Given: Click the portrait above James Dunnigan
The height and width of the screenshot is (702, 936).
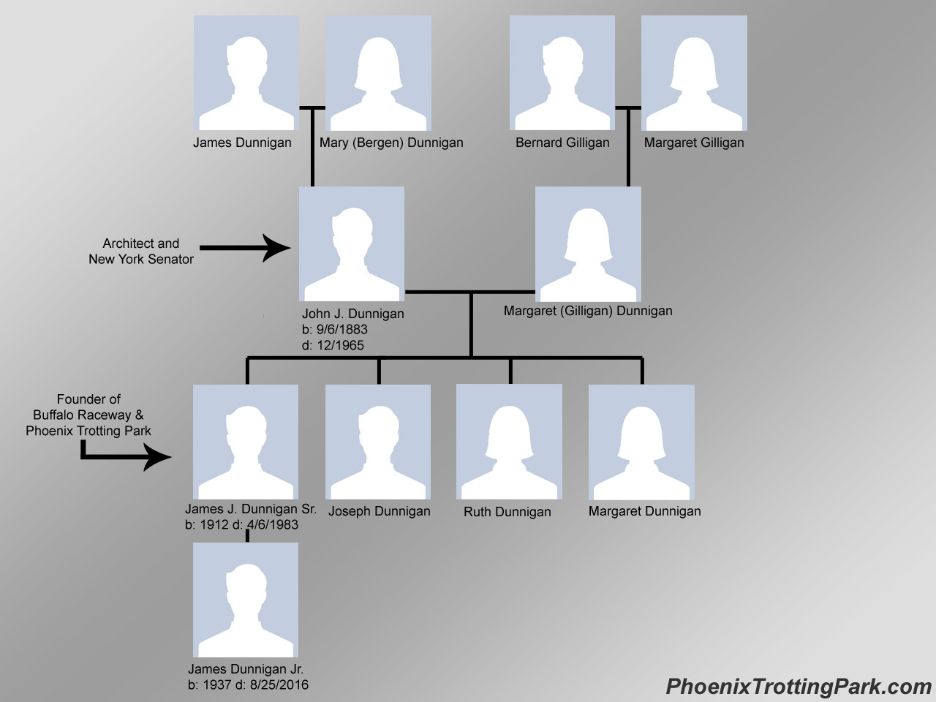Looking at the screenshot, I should click(x=246, y=73).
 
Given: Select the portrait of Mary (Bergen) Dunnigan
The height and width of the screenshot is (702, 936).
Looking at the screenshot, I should click(x=378, y=73).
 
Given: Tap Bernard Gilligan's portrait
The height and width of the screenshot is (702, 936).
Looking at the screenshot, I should click(x=562, y=73).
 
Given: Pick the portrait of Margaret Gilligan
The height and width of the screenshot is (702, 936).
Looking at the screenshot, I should click(x=694, y=73).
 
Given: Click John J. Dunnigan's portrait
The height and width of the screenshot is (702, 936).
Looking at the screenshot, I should click(x=352, y=244).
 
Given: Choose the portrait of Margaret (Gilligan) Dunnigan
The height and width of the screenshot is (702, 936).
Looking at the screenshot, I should click(x=588, y=244).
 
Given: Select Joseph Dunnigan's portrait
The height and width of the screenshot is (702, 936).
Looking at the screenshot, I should click(x=378, y=442).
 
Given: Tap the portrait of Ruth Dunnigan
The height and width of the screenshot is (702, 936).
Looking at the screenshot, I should click(x=509, y=442).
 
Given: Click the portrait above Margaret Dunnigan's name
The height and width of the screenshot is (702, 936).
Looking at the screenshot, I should click(x=641, y=442).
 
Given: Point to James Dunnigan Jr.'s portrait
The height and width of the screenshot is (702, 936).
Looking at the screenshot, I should click(x=246, y=600).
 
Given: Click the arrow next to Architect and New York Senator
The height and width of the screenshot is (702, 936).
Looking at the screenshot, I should click(x=245, y=248).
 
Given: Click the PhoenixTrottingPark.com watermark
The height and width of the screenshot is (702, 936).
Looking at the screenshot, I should click(x=799, y=687).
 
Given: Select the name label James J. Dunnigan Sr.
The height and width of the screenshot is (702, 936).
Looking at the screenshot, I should click(x=250, y=509).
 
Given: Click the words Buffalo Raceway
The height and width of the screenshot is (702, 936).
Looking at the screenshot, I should click(x=82, y=415).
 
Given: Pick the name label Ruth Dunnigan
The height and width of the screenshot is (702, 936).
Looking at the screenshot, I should click(x=507, y=512).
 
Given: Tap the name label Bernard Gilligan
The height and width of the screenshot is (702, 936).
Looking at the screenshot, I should click(x=562, y=143).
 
